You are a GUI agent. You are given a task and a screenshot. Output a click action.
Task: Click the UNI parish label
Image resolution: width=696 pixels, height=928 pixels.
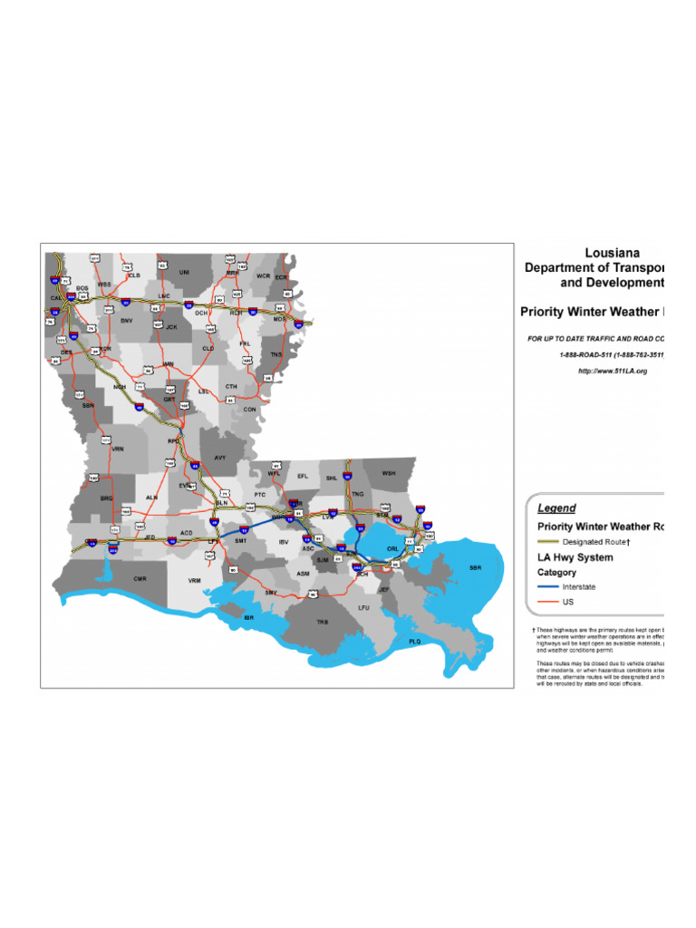tap(184, 272)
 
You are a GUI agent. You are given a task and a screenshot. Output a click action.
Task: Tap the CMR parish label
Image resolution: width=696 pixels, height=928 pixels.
tap(140, 578)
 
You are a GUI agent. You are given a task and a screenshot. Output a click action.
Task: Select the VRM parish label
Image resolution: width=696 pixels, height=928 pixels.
tap(194, 580)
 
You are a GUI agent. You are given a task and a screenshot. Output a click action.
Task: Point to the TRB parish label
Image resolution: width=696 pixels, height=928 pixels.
tap(323, 623)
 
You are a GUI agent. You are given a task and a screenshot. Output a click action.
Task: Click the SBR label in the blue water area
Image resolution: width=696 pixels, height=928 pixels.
tap(476, 567)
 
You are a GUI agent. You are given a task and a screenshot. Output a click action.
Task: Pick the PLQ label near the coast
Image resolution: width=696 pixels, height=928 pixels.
tap(415, 642)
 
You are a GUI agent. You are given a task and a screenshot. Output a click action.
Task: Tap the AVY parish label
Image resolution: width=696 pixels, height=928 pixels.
tap(220, 458)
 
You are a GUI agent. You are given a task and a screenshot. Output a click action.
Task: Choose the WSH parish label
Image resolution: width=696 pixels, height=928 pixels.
tap(389, 473)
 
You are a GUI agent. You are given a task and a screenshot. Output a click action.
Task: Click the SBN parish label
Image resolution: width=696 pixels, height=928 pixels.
tap(88, 405)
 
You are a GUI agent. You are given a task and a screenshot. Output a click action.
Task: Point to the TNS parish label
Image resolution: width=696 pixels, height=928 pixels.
tap(275, 354)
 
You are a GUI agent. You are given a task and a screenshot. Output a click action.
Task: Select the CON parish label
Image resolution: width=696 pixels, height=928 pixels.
tap(250, 409)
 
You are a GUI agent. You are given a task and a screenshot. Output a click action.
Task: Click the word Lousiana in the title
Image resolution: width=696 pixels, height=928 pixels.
tap(612, 253)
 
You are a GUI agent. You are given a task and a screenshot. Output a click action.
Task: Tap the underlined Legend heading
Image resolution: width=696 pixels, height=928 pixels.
tap(556, 508)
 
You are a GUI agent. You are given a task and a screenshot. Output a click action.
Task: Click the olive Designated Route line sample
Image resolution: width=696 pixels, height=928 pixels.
tap(548, 541)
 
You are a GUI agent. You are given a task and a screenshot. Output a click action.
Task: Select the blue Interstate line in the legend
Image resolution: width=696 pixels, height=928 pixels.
tap(548, 587)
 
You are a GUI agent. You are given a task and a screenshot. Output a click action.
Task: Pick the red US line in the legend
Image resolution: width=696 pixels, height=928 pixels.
tap(548, 601)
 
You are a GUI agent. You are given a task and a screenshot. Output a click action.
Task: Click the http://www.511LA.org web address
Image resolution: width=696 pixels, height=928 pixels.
tap(613, 372)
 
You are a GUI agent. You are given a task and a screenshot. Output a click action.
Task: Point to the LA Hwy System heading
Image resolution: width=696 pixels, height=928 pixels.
tap(575, 557)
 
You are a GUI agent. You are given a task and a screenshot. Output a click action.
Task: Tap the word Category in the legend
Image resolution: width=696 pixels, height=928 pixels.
tap(556, 573)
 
